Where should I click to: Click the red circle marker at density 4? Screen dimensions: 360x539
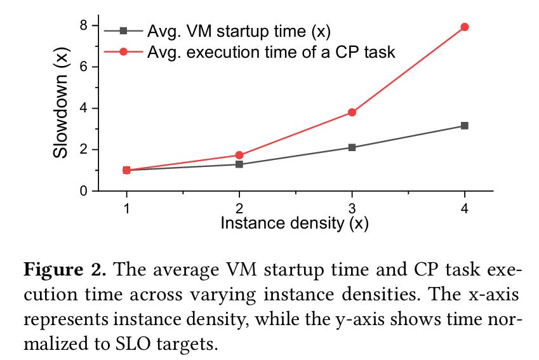point(465,27)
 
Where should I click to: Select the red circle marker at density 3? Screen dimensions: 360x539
point(352,112)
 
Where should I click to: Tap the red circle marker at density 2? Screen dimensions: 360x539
point(239,155)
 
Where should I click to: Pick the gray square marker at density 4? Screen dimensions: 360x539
point(465,126)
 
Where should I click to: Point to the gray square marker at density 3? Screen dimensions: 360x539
point(352,147)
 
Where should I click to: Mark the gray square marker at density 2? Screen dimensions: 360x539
point(239,164)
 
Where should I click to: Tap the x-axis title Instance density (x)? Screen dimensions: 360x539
point(294,223)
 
